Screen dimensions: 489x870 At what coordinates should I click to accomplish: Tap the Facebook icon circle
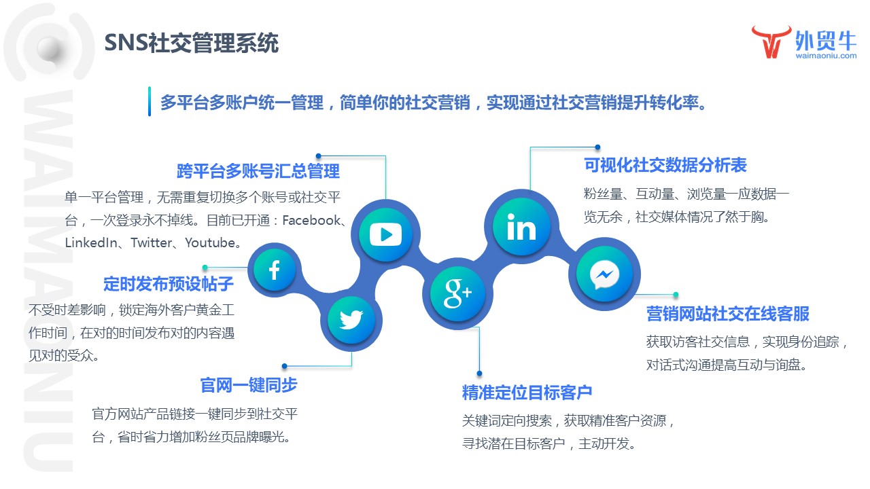coord(274,271)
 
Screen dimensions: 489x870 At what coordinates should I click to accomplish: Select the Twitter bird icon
coord(351,319)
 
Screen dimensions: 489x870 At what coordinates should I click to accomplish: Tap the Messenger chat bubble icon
coord(604,275)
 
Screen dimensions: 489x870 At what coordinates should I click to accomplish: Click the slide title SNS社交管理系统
coord(192,43)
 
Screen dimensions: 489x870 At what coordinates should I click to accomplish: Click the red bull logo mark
coord(771,42)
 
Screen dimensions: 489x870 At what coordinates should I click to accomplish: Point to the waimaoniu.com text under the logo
coord(826,57)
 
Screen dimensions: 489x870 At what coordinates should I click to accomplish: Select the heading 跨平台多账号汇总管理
coord(258,170)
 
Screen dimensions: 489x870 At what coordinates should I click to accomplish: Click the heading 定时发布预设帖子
coord(169,283)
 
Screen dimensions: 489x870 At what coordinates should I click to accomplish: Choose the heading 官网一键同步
coord(249,385)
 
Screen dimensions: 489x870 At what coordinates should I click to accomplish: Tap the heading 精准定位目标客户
coord(527,392)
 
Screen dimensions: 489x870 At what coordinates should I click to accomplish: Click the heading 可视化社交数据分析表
coord(665,165)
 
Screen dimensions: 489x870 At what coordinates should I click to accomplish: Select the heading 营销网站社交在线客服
coord(727,314)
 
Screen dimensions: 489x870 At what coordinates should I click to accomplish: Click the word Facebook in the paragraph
coord(310,220)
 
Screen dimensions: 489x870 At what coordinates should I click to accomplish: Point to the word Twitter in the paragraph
coord(153,242)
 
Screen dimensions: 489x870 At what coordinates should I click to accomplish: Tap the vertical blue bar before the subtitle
coord(150,101)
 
